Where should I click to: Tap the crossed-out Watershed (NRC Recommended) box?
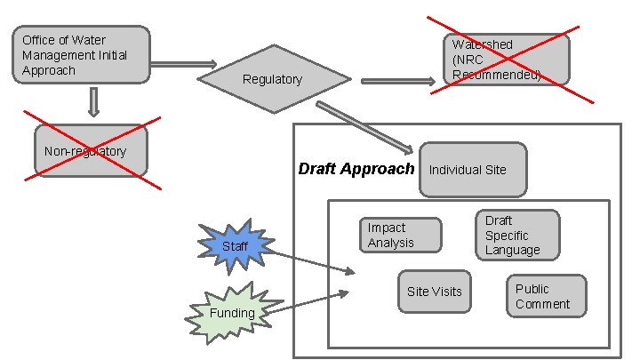(506, 60)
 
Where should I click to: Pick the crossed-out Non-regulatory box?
(90, 151)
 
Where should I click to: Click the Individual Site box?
(473, 169)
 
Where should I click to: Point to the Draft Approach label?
(356, 169)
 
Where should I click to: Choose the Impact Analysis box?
(400, 235)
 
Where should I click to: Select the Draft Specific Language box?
(520, 235)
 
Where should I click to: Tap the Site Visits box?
(434, 291)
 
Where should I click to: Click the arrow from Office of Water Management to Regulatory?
(183, 64)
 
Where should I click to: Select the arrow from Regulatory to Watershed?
(397, 82)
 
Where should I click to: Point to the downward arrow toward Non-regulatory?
(93, 103)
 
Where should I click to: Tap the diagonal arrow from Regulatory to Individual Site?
(364, 126)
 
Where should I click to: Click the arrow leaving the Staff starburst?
(311, 260)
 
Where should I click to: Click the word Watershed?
(482, 44)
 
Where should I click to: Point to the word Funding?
(232, 313)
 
